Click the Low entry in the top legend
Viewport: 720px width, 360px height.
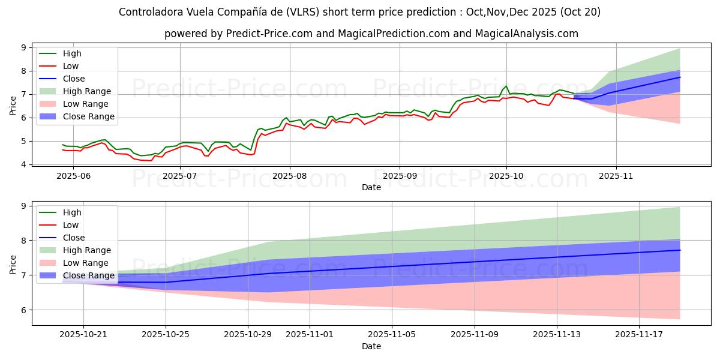pos(71,66)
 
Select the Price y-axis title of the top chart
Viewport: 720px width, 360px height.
pos(13,106)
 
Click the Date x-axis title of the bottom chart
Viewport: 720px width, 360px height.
pos(371,346)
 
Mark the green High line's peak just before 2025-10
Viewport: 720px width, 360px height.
pos(506,86)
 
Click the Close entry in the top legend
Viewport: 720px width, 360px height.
pos(74,79)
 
